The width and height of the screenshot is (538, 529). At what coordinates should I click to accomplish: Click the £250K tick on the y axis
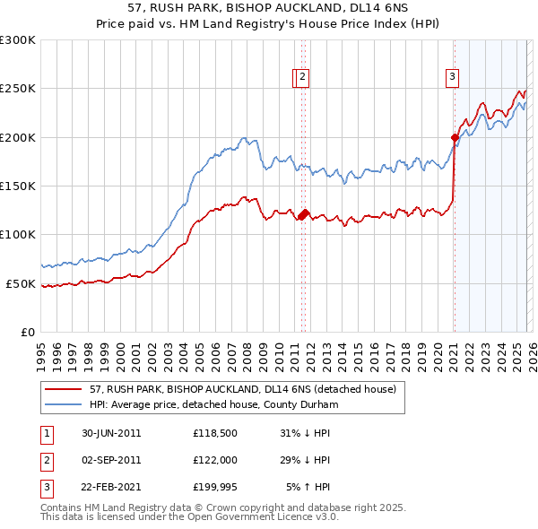pos(18,89)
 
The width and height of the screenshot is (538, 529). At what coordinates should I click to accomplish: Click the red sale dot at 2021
pos(455,138)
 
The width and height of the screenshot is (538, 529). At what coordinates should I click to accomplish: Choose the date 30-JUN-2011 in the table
pos(111,433)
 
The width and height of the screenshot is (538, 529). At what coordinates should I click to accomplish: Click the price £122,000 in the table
pos(214,460)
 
